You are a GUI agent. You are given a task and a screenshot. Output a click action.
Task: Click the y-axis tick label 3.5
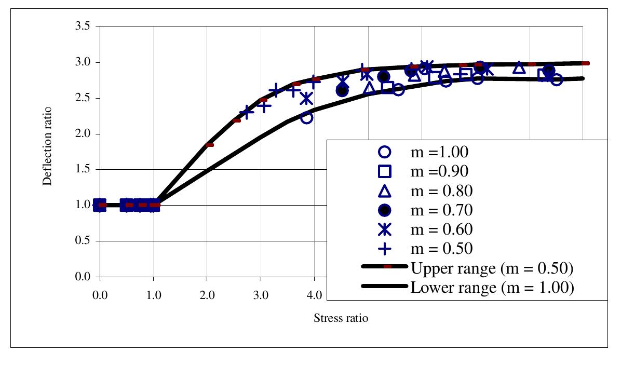[x=84, y=26]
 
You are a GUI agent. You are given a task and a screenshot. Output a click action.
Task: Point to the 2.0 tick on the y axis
[x=84, y=134]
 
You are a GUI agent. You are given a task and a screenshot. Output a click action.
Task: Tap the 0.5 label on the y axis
[x=84, y=241]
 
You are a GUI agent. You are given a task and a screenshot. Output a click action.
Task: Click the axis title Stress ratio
[x=341, y=318]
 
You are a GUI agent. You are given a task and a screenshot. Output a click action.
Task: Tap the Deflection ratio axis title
[x=47, y=146]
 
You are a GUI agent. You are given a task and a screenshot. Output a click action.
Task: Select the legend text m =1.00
[x=439, y=152]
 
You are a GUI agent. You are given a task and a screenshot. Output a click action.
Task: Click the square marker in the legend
[x=384, y=171]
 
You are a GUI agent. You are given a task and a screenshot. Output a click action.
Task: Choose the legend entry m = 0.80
[x=441, y=191]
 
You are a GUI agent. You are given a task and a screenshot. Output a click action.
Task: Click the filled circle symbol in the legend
[x=384, y=210]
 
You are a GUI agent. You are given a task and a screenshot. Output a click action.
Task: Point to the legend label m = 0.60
[x=441, y=229]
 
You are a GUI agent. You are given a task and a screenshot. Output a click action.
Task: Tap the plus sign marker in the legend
[x=384, y=249]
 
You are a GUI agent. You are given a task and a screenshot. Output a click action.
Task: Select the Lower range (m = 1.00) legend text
[x=492, y=287]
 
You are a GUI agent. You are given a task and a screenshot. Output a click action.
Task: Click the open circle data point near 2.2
[x=306, y=118]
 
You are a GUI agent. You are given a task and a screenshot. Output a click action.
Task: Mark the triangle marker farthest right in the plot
[x=519, y=68]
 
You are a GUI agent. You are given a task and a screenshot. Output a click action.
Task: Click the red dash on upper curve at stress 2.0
[x=209, y=145]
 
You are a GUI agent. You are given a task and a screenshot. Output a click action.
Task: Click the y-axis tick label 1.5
[x=84, y=170]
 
